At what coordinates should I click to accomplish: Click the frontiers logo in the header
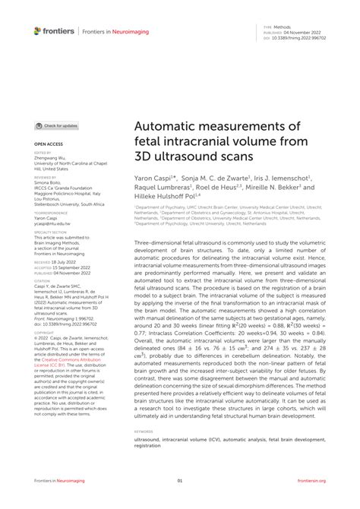(x=54, y=30)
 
